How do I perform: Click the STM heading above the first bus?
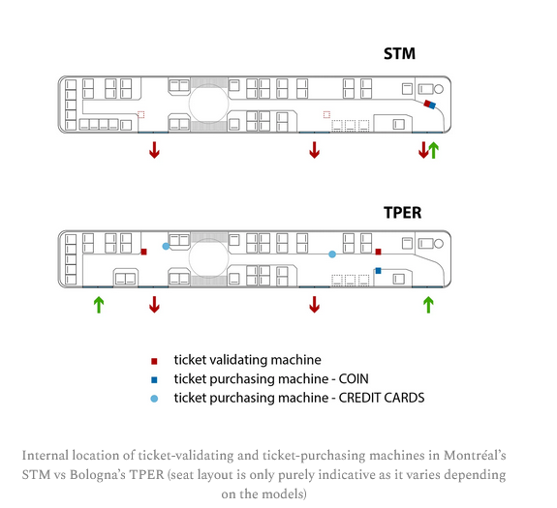pyautogui.click(x=399, y=53)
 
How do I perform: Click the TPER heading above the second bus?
pyautogui.click(x=402, y=213)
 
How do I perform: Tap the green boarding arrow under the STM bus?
pyautogui.click(x=433, y=150)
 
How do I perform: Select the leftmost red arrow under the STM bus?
pyautogui.click(x=154, y=150)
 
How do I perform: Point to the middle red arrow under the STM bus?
pyautogui.click(x=315, y=150)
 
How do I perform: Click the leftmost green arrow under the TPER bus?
pyautogui.click(x=99, y=305)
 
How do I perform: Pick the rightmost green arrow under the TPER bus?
pyautogui.click(x=428, y=305)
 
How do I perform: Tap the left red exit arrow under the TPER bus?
pyautogui.click(x=154, y=305)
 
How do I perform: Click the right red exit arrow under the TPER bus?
pyautogui.click(x=315, y=305)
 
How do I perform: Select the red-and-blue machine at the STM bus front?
pyautogui.click(x=430, y=105)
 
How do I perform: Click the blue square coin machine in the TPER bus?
pyautogui.click(x=379, y=271)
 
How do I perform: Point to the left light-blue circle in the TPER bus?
pyautogui.click(x=166, y=246)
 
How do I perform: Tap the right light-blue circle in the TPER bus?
pyautogui.click(x=332, y=254)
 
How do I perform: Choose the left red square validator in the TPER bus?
pyautogui.click(x=143, y=252)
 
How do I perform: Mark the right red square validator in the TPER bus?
pyautogui.click(x=379, y=252)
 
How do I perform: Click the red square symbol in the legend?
pyautogui.click(x=154, y=362)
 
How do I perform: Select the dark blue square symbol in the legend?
pyautogui.click(x=154, y=380)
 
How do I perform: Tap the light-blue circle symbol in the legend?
pyautogui.click(x=154, y=399)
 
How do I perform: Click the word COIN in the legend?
pyautogui.click(x=354, y=379)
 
